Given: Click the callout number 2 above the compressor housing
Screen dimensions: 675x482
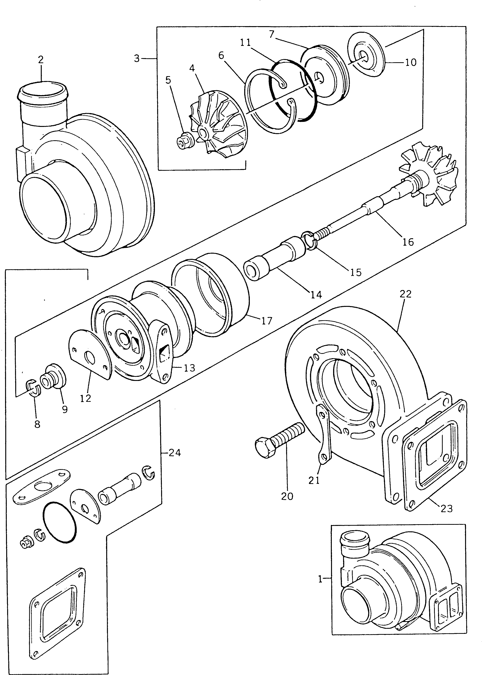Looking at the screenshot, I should coord(41,60).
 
